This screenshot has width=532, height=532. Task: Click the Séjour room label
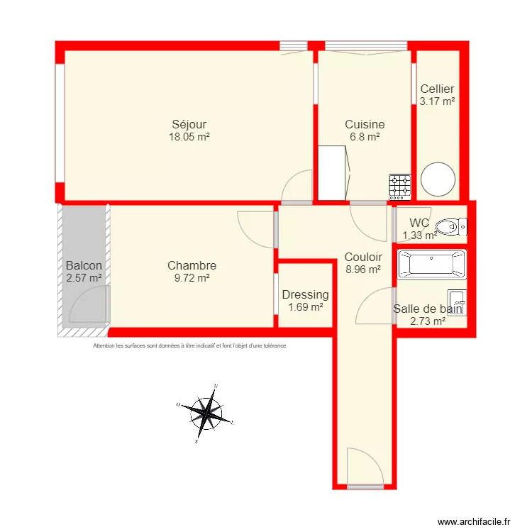[189, 125]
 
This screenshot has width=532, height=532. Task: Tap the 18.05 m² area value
[189, 138]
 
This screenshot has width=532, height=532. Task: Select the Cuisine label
[365, 124]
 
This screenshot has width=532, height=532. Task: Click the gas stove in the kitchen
[399, 186]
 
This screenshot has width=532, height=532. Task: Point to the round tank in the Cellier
[437, 180]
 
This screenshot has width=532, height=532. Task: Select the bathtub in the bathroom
[431, 264]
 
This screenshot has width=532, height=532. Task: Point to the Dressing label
[305, 294]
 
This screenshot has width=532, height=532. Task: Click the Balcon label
[84, 266]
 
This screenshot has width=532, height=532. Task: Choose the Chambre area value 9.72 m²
[192, 279]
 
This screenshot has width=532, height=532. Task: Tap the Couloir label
[363, 257]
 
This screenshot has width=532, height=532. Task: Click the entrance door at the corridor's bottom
[365, 468]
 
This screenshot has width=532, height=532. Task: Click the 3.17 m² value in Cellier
[437, 101]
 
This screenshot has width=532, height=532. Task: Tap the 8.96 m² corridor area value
[363, 270]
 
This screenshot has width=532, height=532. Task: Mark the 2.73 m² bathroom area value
[428, 321]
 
